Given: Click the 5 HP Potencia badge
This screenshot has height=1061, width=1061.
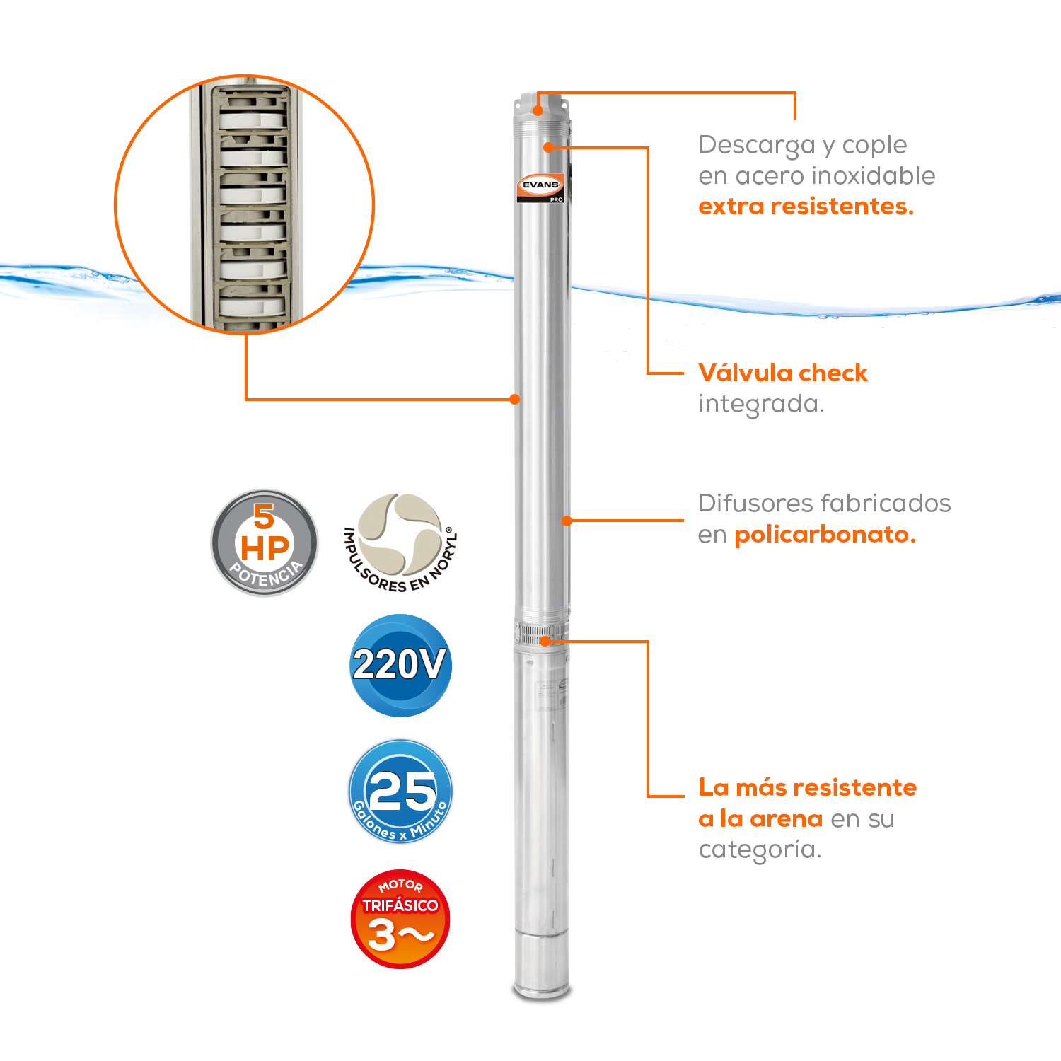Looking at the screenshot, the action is click(x=265, y=543).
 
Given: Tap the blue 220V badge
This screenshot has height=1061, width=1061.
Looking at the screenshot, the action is click(x=400, y=665).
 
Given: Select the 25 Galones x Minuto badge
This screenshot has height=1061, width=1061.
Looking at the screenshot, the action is click(x=400, y=792).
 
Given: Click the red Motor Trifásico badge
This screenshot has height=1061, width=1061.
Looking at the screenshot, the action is click(x=400, y=919).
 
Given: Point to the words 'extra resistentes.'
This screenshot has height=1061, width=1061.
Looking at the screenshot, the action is click(x=806, y=207).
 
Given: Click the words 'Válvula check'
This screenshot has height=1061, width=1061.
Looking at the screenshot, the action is click(x=783, y=373).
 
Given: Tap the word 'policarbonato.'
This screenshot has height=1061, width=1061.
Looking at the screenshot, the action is click(x=825, y=535).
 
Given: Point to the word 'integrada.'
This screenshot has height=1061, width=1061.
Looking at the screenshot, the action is click(x=761, y=405).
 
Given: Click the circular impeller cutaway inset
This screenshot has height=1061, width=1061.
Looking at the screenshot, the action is click(x=245, y=204).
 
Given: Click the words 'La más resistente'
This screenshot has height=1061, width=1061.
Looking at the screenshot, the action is click(x=808, y=787).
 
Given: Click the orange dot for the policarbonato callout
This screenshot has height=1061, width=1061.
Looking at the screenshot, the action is click(x=567, y=521).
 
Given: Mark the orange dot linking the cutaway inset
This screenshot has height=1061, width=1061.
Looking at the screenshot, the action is click(x=515, y=399).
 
